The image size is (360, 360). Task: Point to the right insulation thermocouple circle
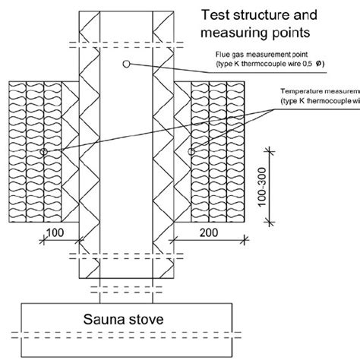click(x=192, y=153)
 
